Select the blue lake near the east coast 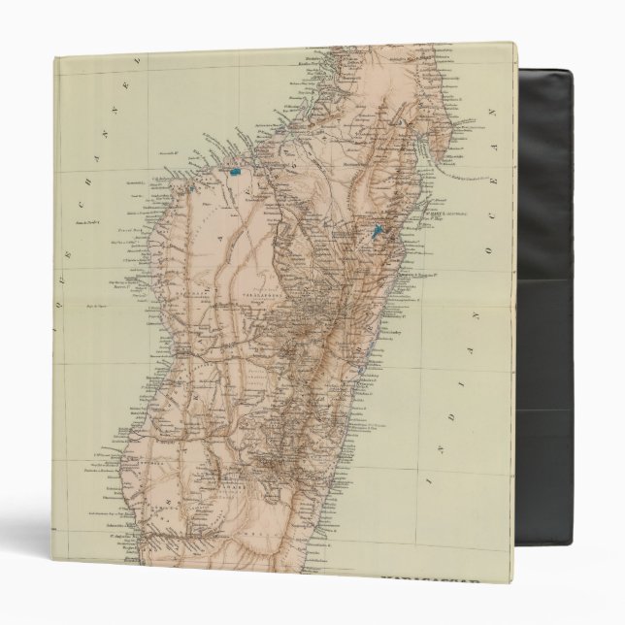point(378,232)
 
